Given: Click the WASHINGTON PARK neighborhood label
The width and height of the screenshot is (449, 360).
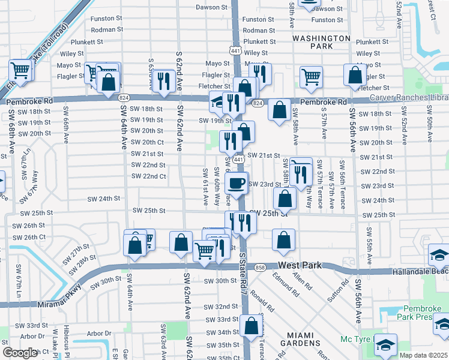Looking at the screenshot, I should [x=321, y=42].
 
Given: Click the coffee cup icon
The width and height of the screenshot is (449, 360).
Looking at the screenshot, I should [x=236, y=183].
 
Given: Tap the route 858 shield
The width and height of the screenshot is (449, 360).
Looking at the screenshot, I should [x=259, y=267].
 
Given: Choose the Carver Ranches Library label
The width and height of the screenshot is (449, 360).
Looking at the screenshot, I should [x=409, y=97].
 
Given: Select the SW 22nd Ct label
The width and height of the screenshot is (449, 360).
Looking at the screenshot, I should [x=149, y=176].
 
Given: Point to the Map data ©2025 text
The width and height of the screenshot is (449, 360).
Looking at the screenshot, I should [x=423, y=355].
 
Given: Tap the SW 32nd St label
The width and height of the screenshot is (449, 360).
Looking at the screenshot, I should [x=222, y=306].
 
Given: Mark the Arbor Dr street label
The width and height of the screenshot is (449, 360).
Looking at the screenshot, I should [x=99, y=333].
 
